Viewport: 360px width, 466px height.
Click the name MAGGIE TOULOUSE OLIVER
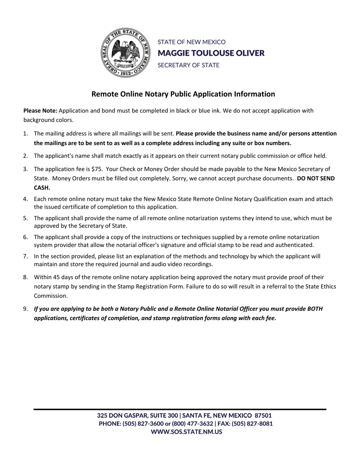tap(211, 53)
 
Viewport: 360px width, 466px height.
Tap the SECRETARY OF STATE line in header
tap(188, 65)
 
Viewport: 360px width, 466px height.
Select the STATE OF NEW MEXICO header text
tap(191, 42)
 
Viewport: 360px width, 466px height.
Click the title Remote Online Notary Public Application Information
tap(183, 94)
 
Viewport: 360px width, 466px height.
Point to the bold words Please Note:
tap(40, 111)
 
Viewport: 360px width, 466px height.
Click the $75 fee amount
tap(97, 169)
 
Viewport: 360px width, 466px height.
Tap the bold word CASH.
tap(42, 187)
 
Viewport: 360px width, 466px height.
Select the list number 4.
tap(25, 199)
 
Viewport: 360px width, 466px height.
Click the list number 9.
tap(25, 309)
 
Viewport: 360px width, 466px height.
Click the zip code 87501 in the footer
tap(263, 416)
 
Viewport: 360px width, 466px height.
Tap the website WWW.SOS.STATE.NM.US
tap(186, 432)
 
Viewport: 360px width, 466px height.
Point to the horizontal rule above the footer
tap(180, 409)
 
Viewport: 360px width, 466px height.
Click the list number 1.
tap(25, 133)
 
